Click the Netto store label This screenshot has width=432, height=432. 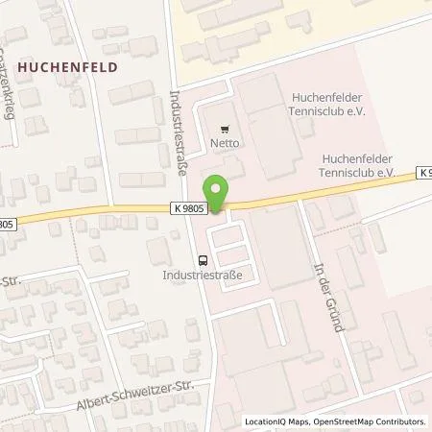(x=226, y=145)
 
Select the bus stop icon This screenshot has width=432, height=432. (x=203, y=259)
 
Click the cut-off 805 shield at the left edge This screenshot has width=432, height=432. (x=9, y=226)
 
